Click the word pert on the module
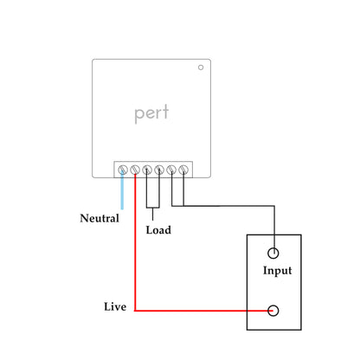point(151,113)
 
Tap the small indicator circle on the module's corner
point(201,67)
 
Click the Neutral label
point(99,218)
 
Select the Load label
point(157,230)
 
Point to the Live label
point(115,307)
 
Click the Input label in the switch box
point(277,271)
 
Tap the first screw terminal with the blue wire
point(123,168)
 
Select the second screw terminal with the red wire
point(135,168)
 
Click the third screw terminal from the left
point(147,168)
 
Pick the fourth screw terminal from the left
point(159,168)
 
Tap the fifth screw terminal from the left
point(171,168)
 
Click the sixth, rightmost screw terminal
point(183,168)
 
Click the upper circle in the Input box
point(274,253)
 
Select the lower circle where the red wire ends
point(274,311)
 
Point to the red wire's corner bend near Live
point(136,311)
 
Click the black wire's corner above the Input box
point(274,206)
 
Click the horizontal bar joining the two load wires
point(153,207)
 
